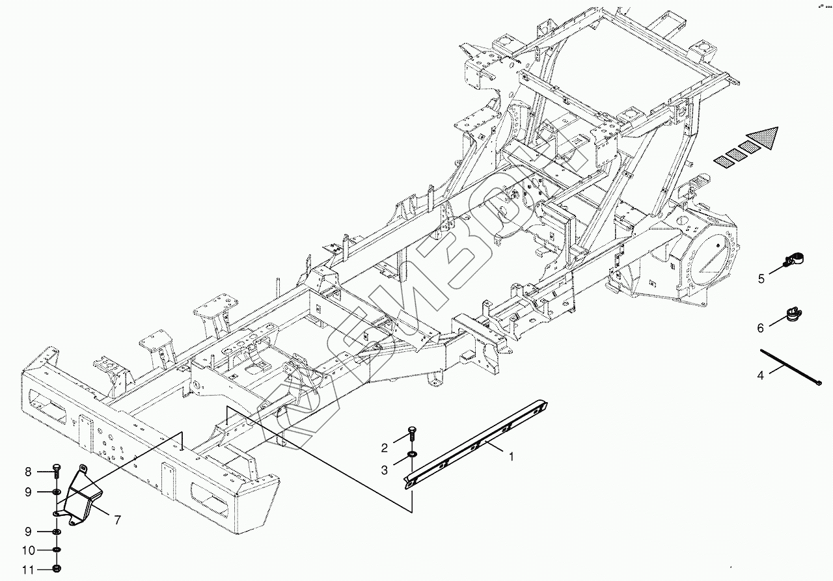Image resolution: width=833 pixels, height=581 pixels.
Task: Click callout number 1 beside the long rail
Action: tap(512, 457)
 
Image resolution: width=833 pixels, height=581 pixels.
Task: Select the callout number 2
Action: tap(385, 448)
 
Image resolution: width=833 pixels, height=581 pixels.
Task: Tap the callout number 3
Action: tap(385, 470)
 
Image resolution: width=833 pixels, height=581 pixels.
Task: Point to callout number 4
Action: tap(760, 375)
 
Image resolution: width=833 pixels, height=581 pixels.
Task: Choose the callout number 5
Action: tap(761, 279)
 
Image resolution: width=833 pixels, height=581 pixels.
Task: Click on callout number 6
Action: tap(760, 328)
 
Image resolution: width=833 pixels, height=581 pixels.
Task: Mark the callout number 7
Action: tap(117, 520)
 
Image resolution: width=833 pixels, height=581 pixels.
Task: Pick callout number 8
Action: tap(28, 472)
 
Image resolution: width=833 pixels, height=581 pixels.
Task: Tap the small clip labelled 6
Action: tap(793, 314)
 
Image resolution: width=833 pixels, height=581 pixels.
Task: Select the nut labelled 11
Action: tap(57, 569)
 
